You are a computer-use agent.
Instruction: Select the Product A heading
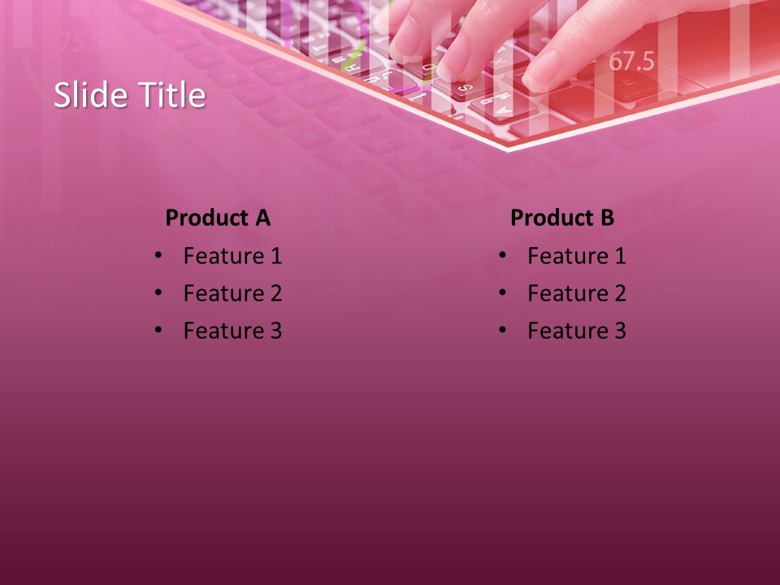pos(218,218)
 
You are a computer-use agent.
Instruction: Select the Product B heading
pos(562,218)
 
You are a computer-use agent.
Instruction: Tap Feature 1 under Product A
pos(232,257)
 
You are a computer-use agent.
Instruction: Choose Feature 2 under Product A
pos(232,293)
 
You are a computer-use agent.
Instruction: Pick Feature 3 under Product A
pos(232,331)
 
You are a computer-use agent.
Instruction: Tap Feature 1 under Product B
pos(577,257)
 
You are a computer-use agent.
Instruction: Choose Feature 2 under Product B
pos(577,293)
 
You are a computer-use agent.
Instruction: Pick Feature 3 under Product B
pos(577,331)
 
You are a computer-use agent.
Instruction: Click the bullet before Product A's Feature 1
pos(158,256)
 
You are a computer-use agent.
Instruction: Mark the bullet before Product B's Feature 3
pos(502,331)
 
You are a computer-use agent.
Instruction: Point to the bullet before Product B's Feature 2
pos(502,293)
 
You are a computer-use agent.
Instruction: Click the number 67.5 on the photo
pos(632,61)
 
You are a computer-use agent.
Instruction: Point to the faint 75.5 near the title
pos(81,42)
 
